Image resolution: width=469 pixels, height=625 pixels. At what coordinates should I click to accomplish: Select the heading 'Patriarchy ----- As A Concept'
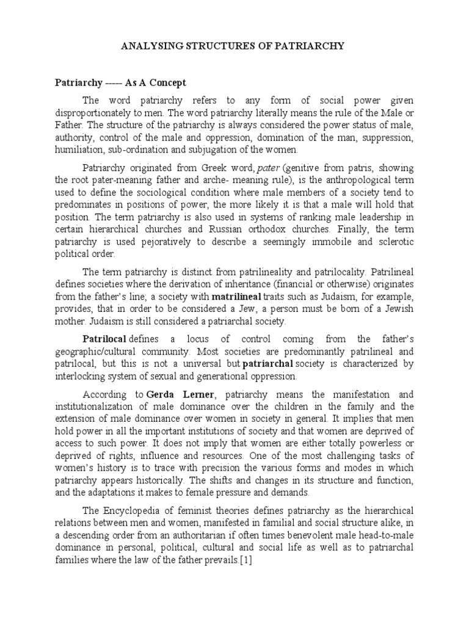pyautogui.click(x=121, y=82)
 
